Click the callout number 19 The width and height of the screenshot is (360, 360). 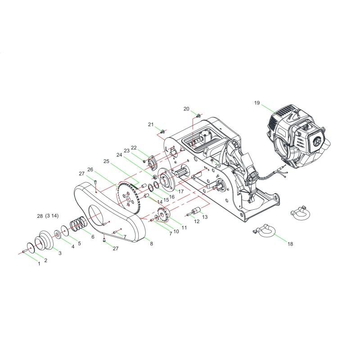click(x=257, y=103)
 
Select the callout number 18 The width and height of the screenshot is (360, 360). click(x=290, y=244)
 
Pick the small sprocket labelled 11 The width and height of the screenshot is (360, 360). click(x=163, y=215)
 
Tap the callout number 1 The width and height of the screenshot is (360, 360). click(x=39, y=264)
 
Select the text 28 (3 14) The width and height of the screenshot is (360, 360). click(x=48, y=216)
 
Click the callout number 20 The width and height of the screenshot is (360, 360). click(x=186, y=108)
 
